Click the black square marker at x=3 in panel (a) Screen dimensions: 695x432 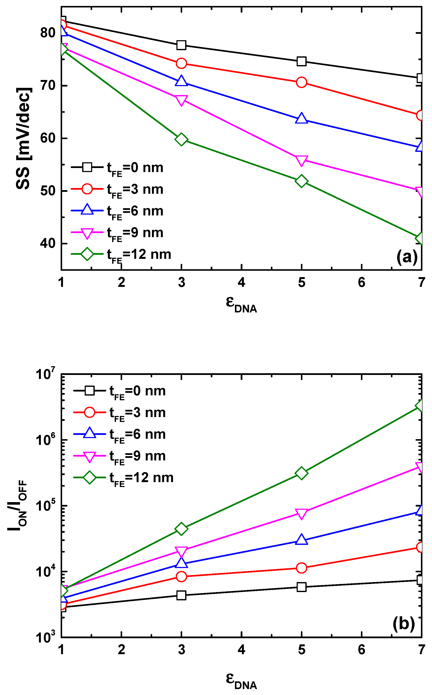(x=181, y=45)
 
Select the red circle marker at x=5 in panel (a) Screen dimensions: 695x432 (x=301, y=82)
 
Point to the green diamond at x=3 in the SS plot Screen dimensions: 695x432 (x=181, y=140)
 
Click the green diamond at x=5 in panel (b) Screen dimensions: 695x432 (x=301, y=473)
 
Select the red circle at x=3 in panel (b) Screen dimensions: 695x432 (x=181, y=577)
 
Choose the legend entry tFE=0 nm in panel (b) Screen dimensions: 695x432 (x=137, y=391)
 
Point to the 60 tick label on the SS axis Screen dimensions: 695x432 (x=47, y=138)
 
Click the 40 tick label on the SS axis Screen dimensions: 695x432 (x=47, y=243)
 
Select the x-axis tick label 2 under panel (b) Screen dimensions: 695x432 (x=122, y=650)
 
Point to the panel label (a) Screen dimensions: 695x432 (x=407, y=257)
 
